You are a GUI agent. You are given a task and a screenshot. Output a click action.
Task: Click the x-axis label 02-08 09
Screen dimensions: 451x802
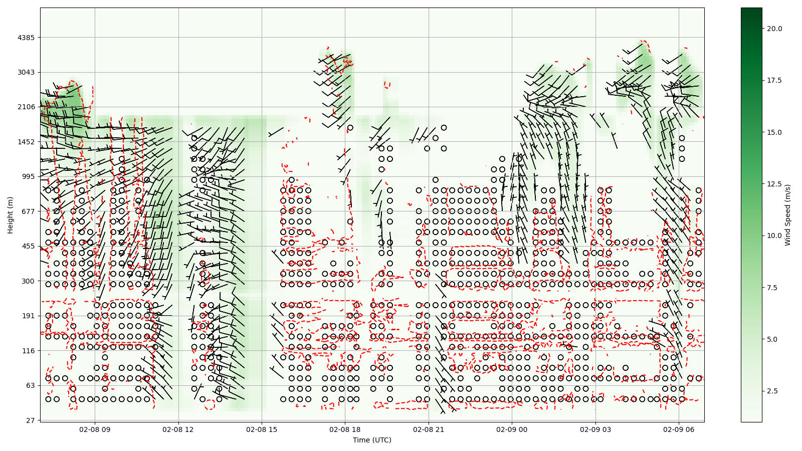click(x=95, y=429)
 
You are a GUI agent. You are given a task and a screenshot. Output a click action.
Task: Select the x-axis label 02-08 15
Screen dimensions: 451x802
click(x=262, y=429)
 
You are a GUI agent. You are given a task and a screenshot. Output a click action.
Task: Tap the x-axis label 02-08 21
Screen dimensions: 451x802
click(x=429, y=429)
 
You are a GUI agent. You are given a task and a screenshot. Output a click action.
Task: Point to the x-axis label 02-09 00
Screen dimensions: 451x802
click(x=512, y=429)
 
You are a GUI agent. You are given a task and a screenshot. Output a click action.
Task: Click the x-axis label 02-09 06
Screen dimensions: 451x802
click(x=679, y=429)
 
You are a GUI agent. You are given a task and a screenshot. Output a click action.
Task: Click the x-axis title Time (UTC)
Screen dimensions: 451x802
click(x=372, y=440)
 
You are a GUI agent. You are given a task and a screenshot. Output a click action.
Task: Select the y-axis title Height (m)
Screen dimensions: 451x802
click(x=11, y=215)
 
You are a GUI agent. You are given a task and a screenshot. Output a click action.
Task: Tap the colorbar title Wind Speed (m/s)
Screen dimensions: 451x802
click(x=787, y=215)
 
